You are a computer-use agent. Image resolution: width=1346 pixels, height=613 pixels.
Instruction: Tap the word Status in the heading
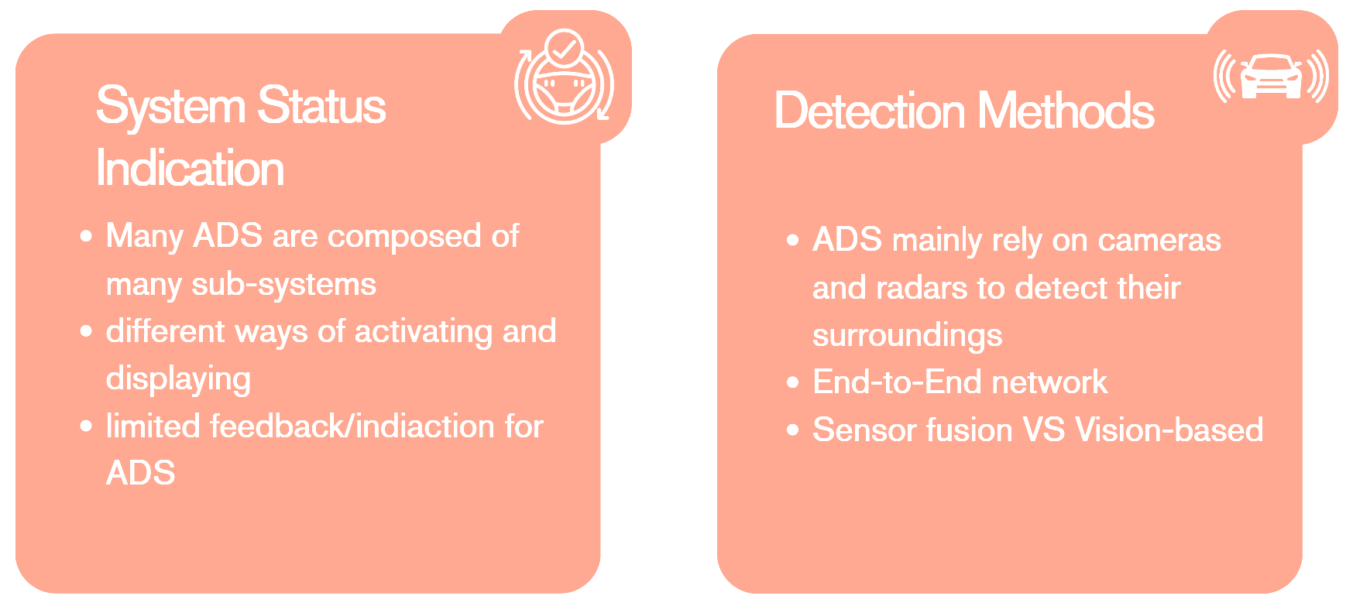[x=321, y=107]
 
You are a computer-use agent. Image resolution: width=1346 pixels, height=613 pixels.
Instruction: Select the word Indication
[x=190, y=169]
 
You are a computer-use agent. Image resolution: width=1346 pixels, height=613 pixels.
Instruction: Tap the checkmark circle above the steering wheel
[x=565, y=48]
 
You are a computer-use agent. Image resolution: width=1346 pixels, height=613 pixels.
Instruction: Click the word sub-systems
[x=283, y=285]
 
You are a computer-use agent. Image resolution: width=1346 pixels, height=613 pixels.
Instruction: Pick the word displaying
[x=178, y=379]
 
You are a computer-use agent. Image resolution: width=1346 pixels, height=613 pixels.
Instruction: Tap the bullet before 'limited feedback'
[x=86, y=426]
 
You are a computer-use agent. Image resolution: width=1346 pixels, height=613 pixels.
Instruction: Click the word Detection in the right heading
[x=870, y=111]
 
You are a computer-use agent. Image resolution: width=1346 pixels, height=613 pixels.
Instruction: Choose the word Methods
[x=1066, y=111]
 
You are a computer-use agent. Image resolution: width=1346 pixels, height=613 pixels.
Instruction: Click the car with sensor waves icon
[x=1271, y=77]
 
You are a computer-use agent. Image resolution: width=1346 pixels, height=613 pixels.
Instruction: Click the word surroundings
[x=907, y=336]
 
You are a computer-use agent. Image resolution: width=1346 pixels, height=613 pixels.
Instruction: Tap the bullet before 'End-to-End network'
[x=792, y=382]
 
